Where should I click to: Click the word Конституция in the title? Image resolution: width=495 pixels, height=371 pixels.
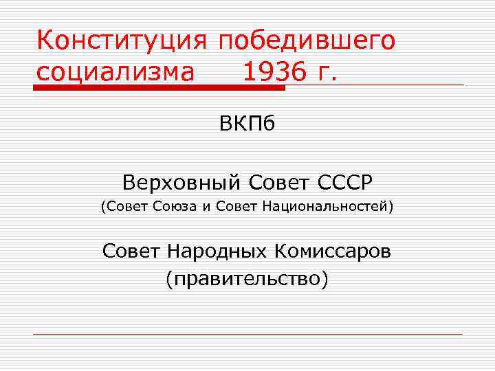tap(122, 41)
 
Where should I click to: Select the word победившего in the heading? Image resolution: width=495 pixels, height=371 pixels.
tap(306, 41)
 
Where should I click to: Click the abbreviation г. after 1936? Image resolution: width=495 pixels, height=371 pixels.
tap(327, 71)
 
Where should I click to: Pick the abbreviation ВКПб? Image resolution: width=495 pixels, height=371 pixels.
tap(247, 124)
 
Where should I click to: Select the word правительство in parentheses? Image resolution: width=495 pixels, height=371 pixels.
tap(247, 278)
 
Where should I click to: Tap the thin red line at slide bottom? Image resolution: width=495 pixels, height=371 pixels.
tap(247, 334)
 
